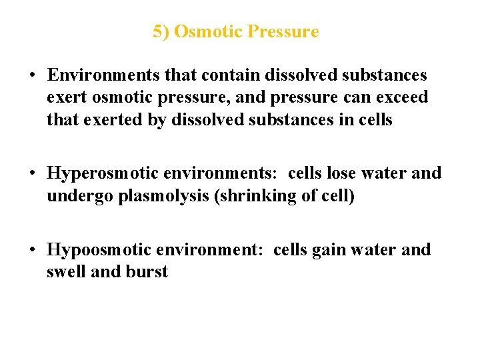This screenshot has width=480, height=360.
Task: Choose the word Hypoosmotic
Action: point(99,249)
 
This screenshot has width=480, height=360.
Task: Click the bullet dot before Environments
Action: point(32,76)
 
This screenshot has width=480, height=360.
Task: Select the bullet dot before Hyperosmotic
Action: point(32,174)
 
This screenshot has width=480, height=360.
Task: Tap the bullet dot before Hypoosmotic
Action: point(32,250)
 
